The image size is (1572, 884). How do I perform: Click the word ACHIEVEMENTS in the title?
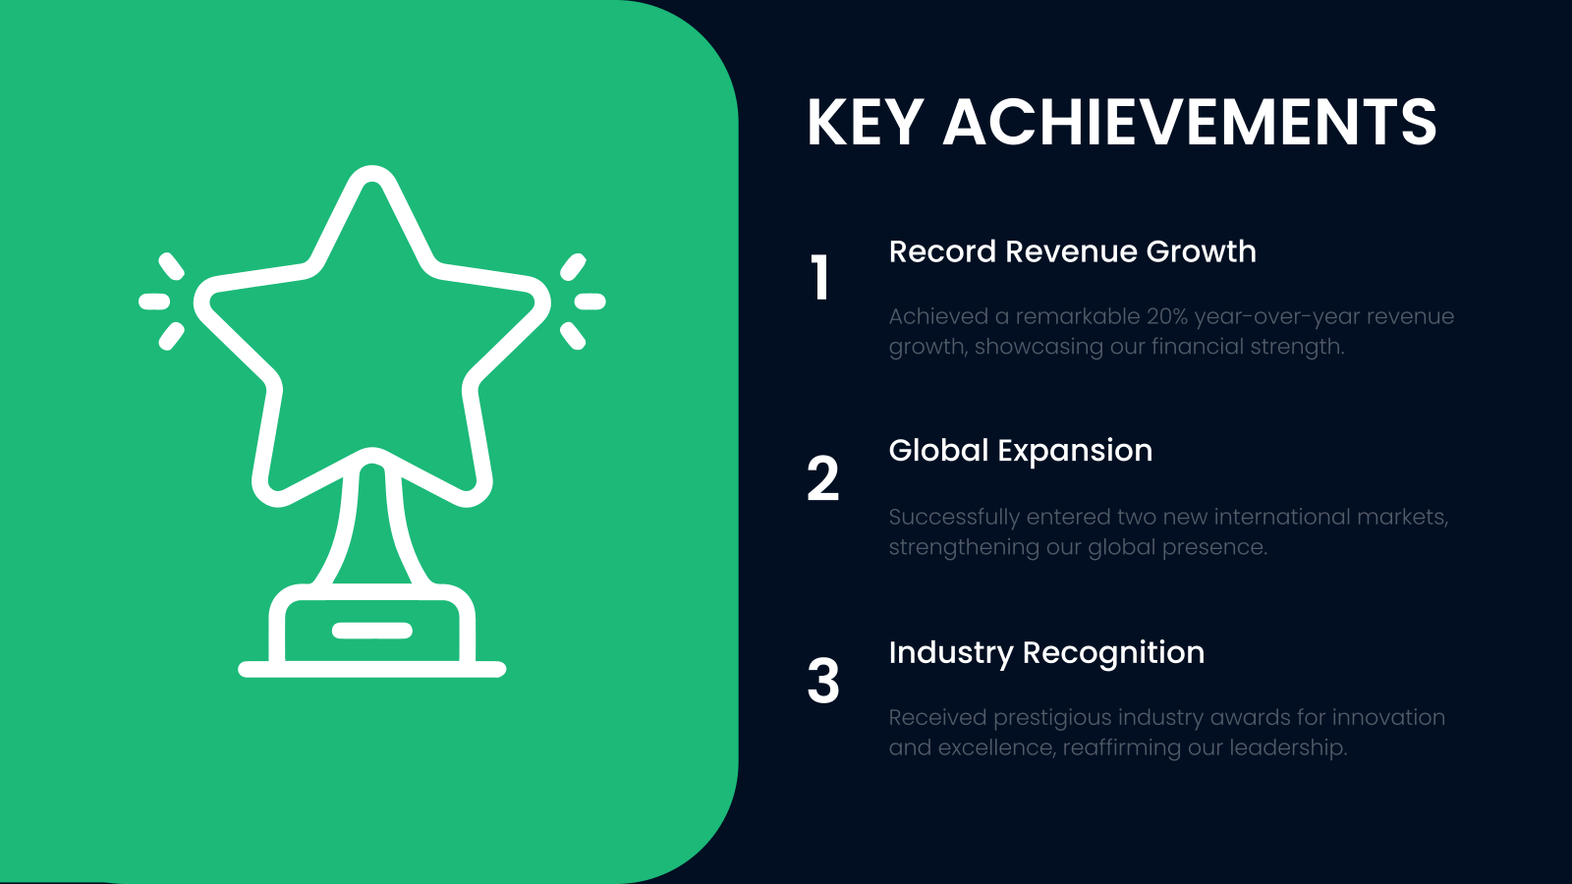pos(1190,123)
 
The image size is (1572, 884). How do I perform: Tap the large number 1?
pos(820,277)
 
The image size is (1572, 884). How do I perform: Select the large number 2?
pos(823,478)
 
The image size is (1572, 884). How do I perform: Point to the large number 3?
pos(823,681)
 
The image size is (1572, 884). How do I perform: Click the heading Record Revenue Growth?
pos(1072,251)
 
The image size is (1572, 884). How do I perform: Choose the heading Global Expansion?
pos(1020,451)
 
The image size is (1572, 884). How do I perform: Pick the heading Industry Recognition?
pos(1046,653)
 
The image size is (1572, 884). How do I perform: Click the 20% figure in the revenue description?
pos(1166,316)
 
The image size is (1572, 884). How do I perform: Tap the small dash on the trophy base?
pos(371,631)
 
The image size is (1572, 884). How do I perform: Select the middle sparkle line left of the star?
pos(154,302)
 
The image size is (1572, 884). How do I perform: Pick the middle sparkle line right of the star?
pos(589,302)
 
